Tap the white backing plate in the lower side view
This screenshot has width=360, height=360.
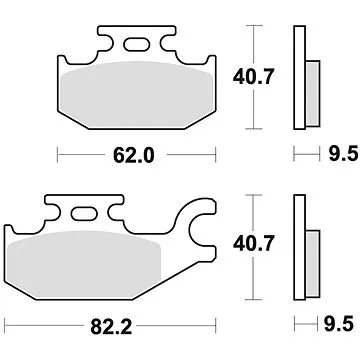coord(298,245)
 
